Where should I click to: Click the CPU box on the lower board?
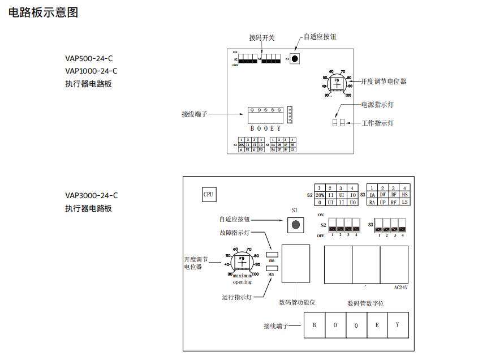click(x=209, y=194)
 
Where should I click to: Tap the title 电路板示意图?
click(x=44, y=12)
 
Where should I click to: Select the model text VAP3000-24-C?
click(x=92, y=196)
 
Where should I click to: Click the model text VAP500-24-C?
click(x=89, y=58)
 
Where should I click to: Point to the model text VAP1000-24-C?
click(x=92, y=71)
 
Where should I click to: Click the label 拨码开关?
click(x=262, y=38)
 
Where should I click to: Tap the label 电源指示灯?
click(x=377, y=105)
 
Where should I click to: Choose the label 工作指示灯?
click(x=377, y=123)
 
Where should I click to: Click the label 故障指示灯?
click(x=235, y=233)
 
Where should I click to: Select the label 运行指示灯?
click(x=237, y=297)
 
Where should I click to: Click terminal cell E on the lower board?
click(x=377, y=325)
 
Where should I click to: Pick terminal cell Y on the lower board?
click(x=398, y=325)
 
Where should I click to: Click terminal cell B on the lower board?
click(x=315, y=325)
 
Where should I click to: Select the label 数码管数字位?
click(x=365, y=303)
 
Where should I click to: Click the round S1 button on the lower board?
click(x=294, y=225)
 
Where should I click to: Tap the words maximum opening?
click(x=242, y=278)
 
